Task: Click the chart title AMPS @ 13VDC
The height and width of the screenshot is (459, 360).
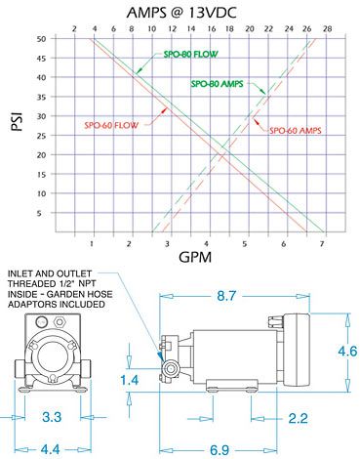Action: pyautogui.click(x=181, y=13)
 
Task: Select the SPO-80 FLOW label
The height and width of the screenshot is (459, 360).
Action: pyautogui.click(x=190, y=54)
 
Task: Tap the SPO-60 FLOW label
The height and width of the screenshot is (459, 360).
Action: pyautogui.click(x=111, y=125)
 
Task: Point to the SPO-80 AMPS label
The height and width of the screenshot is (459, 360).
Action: pyautogui.click(x=217, y=84)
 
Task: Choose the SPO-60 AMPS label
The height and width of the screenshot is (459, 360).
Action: pyautogui.click(x=296, y=131)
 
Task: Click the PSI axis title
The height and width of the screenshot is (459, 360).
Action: pyautogui.click(x=17, y=121)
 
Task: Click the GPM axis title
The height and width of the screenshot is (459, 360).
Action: pyautogui.click(x=195, y=258)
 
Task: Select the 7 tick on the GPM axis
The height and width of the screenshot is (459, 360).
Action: pyautogui.click(x=322, y=243)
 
